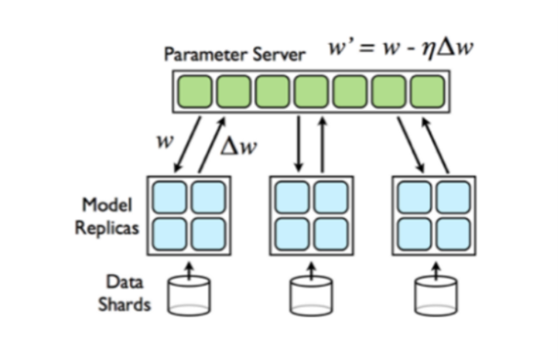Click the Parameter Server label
tap(234, 55)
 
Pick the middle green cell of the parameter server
tap(311, 91)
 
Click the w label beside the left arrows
tap(164, 141)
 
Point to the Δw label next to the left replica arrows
tap(238, 145)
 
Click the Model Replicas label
tap(106, 216)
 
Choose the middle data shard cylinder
tap(311, 296)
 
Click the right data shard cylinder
tap(435, 296)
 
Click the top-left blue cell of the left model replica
tap(174, 197)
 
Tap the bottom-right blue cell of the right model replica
tap(453, 233)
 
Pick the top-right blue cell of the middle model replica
tap(330, 197)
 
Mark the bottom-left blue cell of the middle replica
tap(293, 233)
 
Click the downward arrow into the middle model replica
tap(299, 143)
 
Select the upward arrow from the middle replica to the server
tap(322, 143)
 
